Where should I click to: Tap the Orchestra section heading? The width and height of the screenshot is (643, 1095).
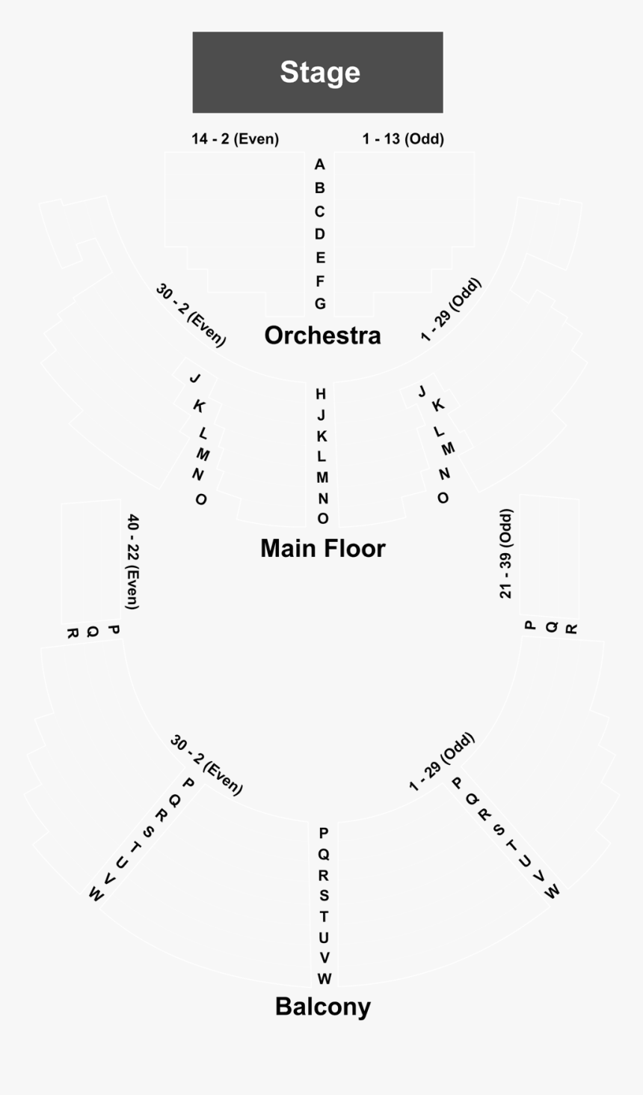tap(322, 335)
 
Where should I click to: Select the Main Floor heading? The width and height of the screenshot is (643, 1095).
tap(322, 549)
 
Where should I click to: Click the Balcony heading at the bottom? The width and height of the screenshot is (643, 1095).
tap(322, 1007)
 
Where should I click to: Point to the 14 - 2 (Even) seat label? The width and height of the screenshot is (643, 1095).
tap(235, 138)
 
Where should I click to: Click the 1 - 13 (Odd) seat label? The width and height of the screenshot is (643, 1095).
tap(403, 138)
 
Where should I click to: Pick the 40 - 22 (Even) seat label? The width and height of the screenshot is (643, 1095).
tap(132, 561)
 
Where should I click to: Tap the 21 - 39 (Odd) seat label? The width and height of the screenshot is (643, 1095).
tap(506, 554)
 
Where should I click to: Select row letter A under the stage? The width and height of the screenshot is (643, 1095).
tap(320, 165)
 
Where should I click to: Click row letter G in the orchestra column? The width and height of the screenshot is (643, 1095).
tap(320, 304)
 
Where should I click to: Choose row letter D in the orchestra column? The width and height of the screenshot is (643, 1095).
tap(320, 234)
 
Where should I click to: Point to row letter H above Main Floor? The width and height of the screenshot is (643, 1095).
tap(321, 394)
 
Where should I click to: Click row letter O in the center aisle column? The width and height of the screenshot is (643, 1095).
tap(322, 519)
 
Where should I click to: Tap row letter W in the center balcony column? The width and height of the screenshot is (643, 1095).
tap(324, 979)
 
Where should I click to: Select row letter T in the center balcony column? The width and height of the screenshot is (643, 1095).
tap(324, 916)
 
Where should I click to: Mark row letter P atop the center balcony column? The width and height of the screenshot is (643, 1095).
tap(324, 833)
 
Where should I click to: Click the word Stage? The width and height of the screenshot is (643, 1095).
tap(320, 72)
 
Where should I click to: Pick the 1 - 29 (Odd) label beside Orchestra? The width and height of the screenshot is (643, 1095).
tap(451, 310)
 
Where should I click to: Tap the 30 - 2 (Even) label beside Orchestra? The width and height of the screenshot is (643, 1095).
tap(191, 314)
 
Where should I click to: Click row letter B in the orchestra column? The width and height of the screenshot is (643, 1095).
tap(320, 188)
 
